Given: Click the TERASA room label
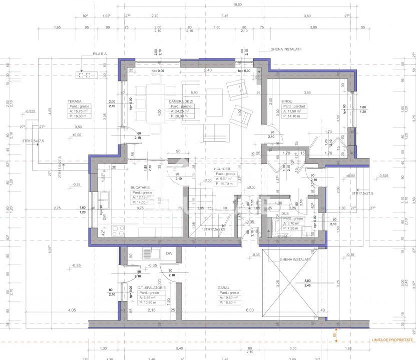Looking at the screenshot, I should click(x=75, y=101).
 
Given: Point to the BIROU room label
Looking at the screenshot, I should click(x=287, y=101).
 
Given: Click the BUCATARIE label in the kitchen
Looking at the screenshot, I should click(x=141, y=186).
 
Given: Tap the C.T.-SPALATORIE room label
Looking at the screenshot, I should click(x=151, y=288).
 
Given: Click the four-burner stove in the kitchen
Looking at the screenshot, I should click(x=118, y=231).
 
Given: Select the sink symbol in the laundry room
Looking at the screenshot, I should click(x=147, y=253).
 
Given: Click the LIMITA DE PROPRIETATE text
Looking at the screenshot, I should click(x=392, y=340).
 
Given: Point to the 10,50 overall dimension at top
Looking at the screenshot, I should click(x=238, y=4).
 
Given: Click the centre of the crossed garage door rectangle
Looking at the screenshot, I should click(x=291, y=283).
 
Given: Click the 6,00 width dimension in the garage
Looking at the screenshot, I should click(x=249, y=310).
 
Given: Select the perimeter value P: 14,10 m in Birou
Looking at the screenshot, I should click(x=294, y=116).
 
